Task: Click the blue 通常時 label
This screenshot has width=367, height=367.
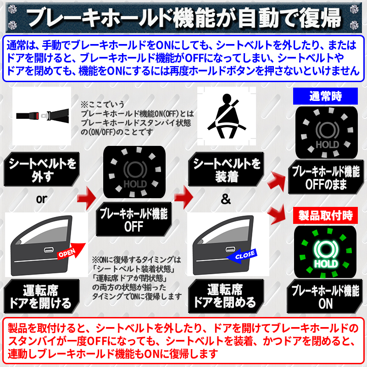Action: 325,96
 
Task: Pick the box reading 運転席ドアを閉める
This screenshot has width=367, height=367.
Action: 225,296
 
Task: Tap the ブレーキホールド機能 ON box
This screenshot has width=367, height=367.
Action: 325,297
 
